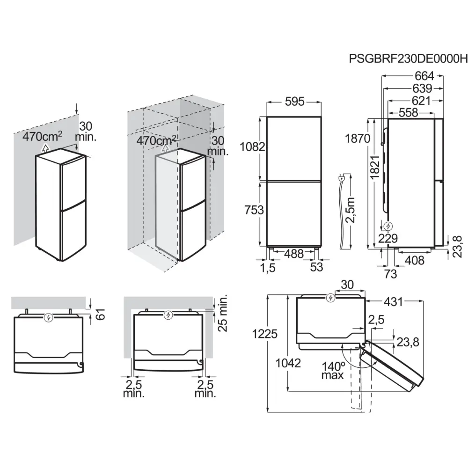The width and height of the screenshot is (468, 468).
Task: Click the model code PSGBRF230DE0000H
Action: click(408, 59)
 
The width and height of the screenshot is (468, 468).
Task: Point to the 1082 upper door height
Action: click(253, 146)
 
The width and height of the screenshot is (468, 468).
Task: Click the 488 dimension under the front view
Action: click(294, 253)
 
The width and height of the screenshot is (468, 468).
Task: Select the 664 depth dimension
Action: click(424, 76)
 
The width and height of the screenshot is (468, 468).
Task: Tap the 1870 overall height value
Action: click(358, 139)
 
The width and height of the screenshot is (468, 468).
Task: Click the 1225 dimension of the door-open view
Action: click(265, 334)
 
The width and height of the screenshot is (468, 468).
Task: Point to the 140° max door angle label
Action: click(333, 370)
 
